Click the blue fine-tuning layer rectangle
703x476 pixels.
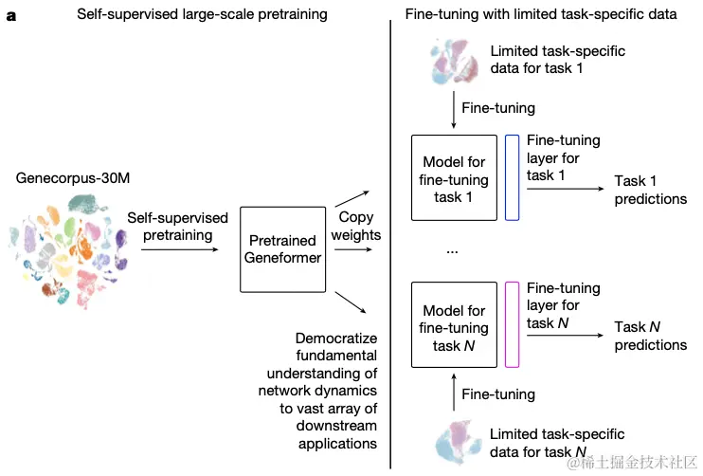513,178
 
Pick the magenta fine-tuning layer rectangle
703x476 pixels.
513,324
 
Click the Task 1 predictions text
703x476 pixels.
650,190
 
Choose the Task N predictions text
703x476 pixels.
650,336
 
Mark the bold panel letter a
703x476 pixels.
10,16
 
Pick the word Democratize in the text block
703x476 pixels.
336,339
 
